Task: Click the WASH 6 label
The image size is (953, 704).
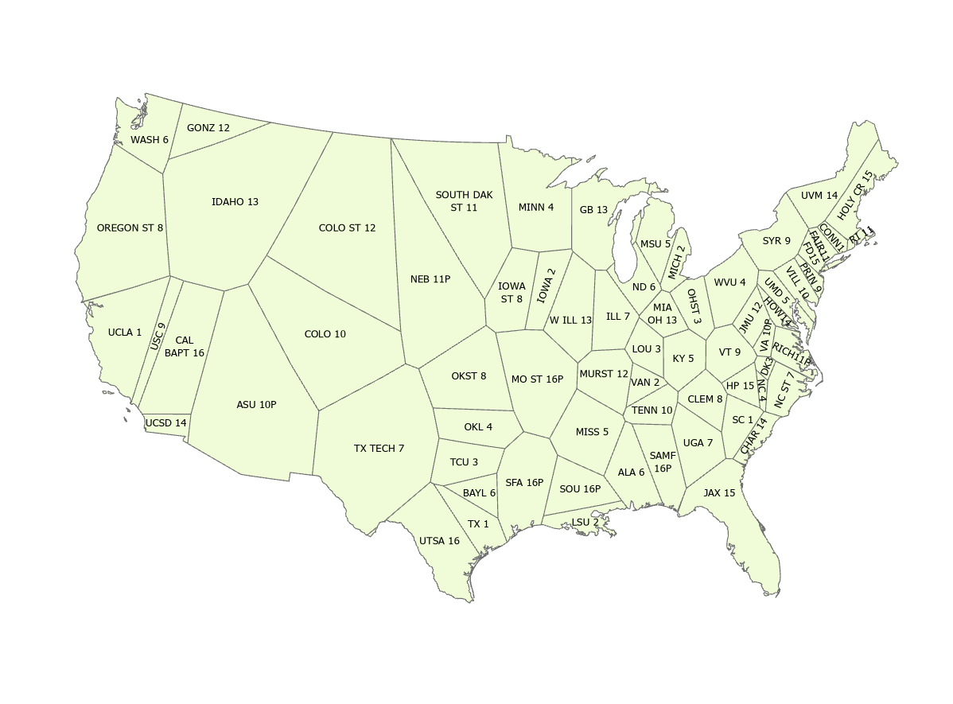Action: pos(150,140)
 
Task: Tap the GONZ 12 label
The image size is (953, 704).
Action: pos(208,128)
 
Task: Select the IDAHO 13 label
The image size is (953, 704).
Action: pos(235,202)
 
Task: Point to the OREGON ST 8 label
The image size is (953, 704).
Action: pos(130,228)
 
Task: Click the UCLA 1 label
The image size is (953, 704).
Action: pos(125,333)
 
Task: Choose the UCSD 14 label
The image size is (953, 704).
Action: pos(166,423)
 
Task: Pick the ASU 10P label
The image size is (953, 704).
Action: pos(256,405)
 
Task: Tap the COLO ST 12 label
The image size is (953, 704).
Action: pos(347,228)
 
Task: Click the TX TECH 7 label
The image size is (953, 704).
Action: pos(379,449)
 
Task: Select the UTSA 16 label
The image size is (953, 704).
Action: pos(439,541)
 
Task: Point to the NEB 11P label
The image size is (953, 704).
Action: pos(430,279)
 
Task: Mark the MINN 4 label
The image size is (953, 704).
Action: pos(536,208)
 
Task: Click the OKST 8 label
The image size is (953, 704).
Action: pos(469,376)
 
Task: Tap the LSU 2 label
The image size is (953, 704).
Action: pos(585,523)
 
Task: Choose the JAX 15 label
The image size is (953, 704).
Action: pos(719,493)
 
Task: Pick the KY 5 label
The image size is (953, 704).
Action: pos(683,359)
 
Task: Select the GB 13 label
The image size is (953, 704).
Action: pos(593,210)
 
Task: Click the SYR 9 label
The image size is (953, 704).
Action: pos(776,241)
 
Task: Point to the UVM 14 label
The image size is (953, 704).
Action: pos(819,196)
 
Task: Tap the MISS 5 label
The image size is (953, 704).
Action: pos(592,432)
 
